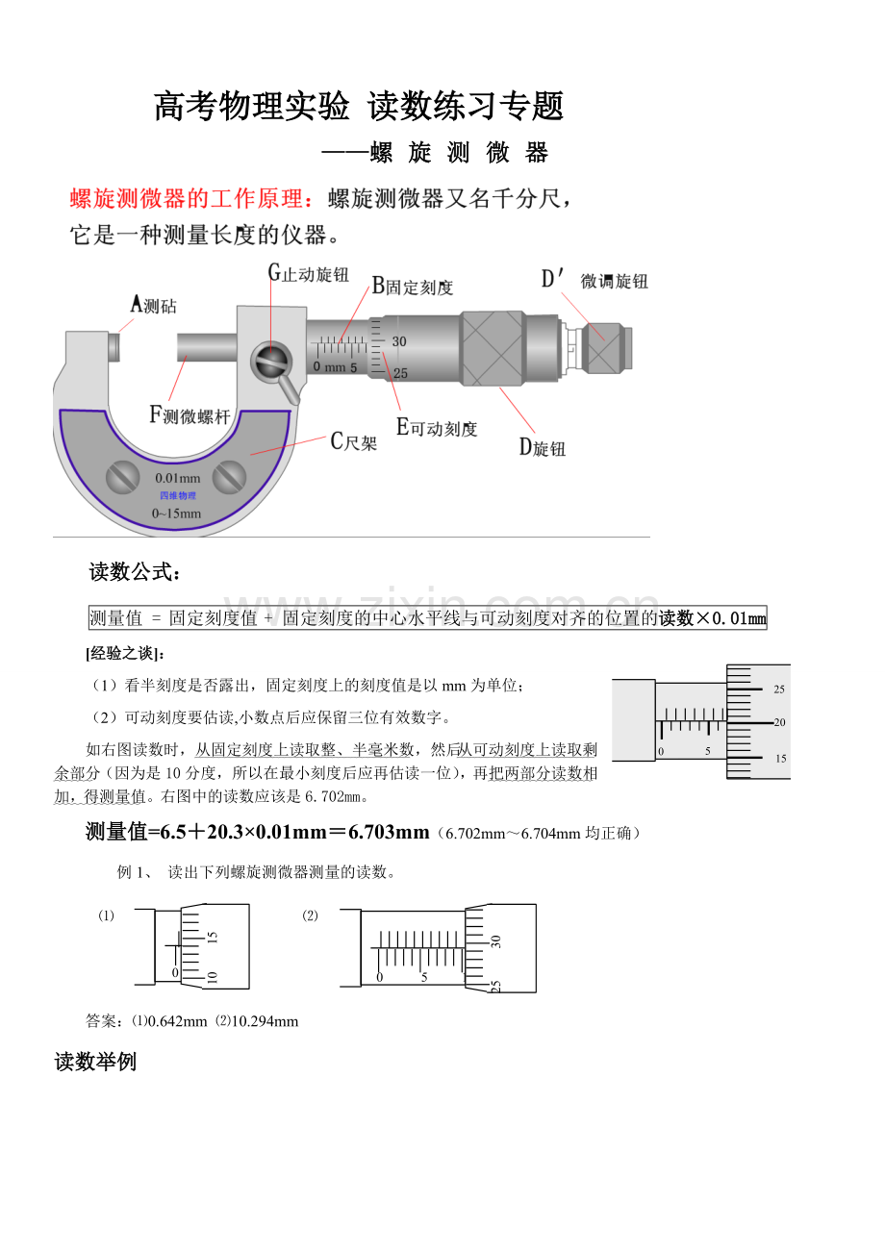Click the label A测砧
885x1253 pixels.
point(154,306)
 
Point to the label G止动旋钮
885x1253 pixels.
point(308,273)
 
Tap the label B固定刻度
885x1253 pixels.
point(413,286)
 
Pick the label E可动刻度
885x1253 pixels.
point(437,428)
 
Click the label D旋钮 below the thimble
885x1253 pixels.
point(543,447)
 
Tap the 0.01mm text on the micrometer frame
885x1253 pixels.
point(177,478)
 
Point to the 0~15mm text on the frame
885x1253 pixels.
point(177,513)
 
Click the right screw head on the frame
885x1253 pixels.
point(229,475)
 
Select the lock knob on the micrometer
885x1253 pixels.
point(272,362)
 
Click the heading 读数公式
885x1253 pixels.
point(134,573)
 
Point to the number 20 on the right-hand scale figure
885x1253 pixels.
point(779,722)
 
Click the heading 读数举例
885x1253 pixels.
point(95,1062)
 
